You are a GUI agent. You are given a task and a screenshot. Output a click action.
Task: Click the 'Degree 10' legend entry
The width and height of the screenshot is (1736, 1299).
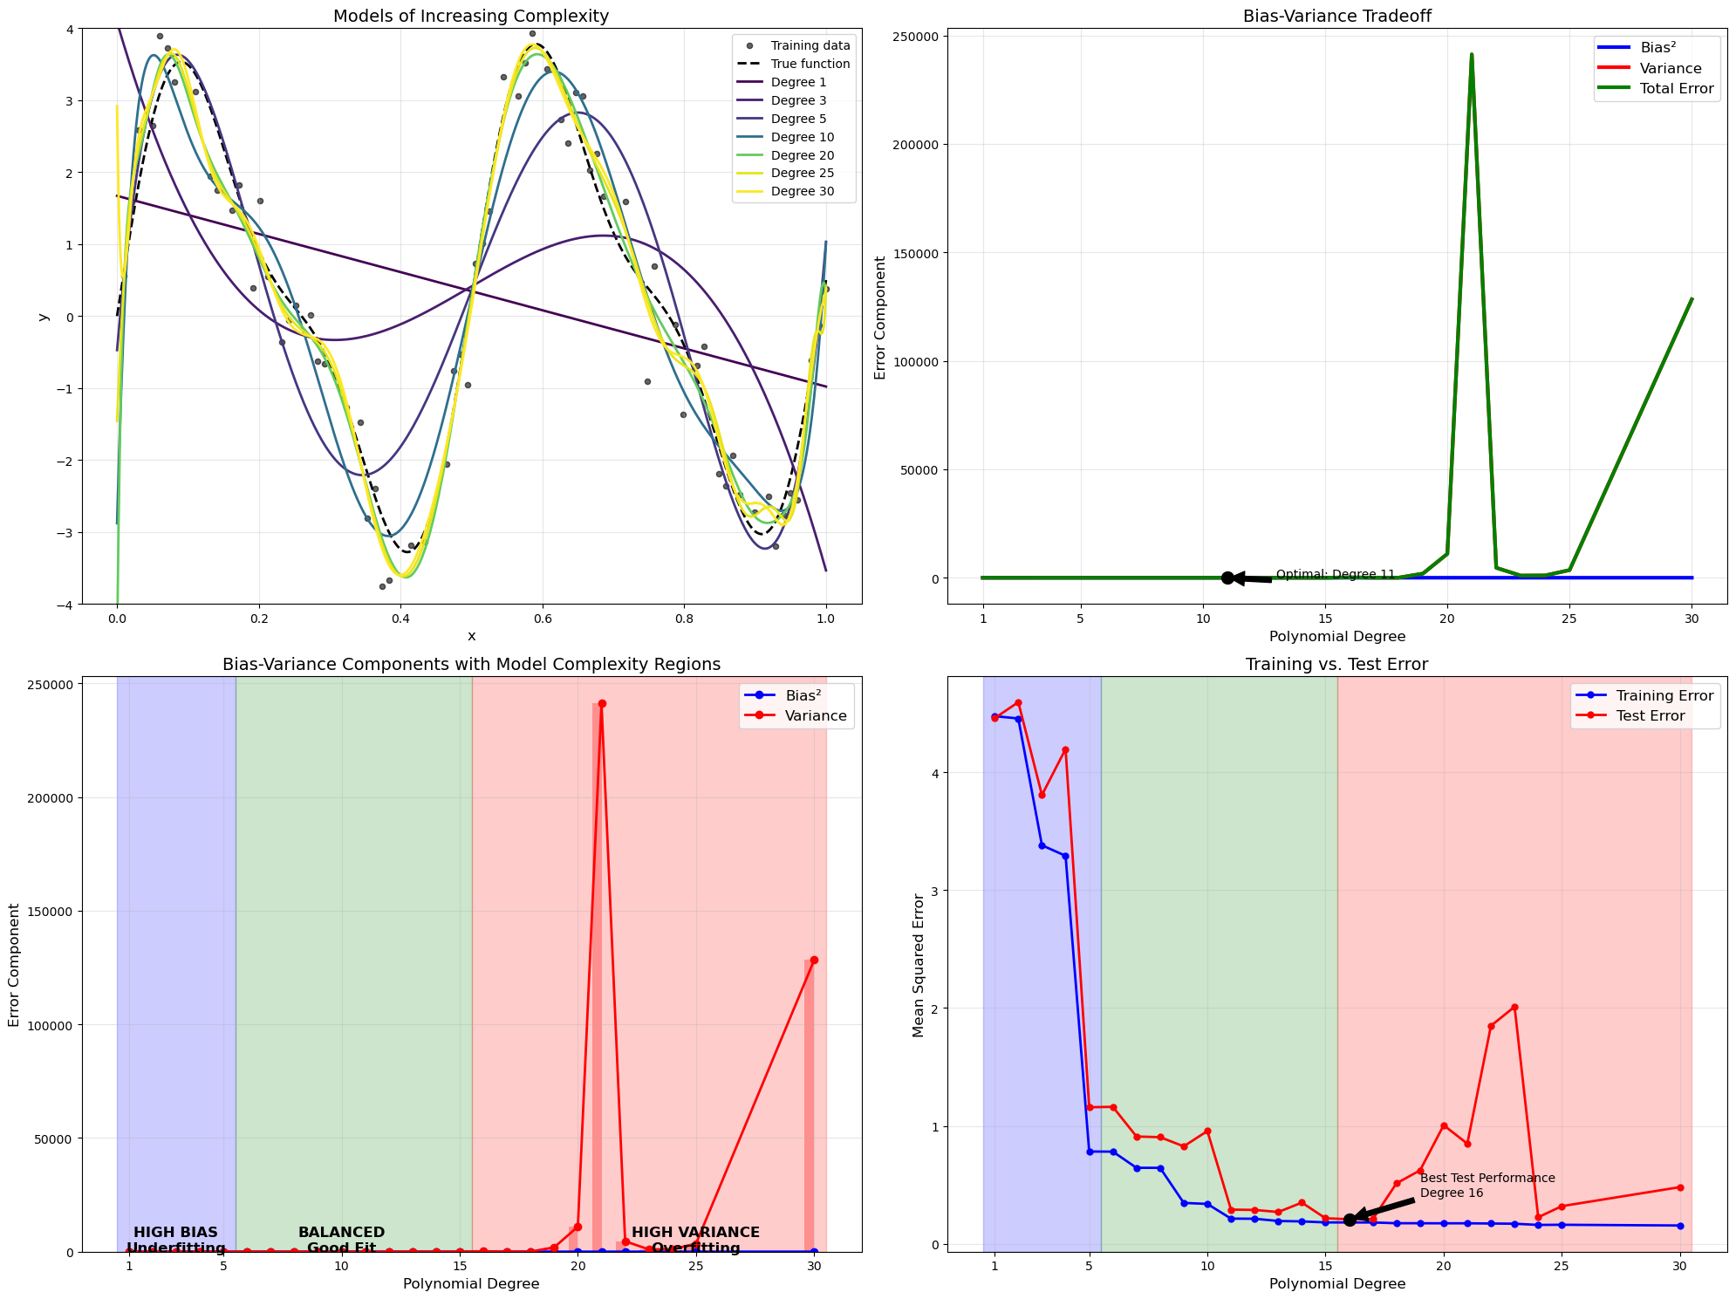(802, 137)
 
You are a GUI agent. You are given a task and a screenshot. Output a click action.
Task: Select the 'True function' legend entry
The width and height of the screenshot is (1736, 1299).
(810, 64)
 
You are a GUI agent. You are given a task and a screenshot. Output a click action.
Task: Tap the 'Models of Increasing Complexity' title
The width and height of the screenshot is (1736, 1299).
(471, 16)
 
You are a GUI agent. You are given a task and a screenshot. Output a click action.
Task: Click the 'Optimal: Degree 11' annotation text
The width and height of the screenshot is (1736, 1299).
(1335, 574)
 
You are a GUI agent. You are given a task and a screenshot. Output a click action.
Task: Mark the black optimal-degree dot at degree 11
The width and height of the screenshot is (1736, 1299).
(1227, 578)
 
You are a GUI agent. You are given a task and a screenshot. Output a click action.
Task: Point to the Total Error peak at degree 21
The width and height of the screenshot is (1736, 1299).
(1472, 55)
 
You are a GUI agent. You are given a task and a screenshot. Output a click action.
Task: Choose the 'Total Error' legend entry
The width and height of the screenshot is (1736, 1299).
(1677, 89)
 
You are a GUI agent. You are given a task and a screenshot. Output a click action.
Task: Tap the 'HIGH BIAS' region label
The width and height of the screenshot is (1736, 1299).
(175, 1233)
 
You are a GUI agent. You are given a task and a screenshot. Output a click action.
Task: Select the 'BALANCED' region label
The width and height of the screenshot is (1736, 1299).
(341, 1233)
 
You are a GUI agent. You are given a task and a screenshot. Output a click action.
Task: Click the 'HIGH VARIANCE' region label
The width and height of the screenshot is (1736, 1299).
(695, 1233)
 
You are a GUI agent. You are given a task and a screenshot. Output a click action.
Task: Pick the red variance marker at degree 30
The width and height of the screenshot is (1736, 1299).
(814, 960)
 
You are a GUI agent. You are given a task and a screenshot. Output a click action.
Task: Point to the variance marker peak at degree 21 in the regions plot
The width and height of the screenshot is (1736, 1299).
(601, 703)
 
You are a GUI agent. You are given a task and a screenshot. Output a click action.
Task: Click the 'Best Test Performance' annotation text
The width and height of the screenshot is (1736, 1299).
(1487, 1178)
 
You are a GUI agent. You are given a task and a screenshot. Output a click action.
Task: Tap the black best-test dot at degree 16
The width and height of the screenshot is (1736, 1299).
(1350, 1220)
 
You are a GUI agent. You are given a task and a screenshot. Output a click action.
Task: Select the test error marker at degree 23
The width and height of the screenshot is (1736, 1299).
(1514, 1007)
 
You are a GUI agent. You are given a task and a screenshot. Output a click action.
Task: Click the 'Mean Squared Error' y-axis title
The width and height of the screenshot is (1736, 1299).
(918, 964)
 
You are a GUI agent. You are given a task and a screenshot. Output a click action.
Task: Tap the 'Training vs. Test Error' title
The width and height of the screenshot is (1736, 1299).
(1336, 664)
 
